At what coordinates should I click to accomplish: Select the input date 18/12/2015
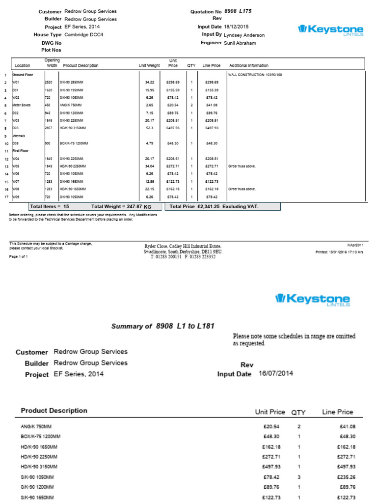[237, 27]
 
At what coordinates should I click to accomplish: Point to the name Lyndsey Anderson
[244, 35]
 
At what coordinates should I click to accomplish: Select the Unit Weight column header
[149, 65]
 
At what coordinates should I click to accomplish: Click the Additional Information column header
[249, 65]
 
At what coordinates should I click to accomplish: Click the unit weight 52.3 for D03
[149, 128]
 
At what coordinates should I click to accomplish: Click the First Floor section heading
[22, 151]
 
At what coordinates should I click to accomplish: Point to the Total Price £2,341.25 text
[214, 207]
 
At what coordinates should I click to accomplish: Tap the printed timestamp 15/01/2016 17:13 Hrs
[346, 252]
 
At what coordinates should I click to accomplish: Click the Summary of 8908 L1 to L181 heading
[163, 326]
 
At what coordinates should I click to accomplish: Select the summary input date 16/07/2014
[275, 373]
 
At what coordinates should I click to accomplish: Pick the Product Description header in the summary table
[54, 411]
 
